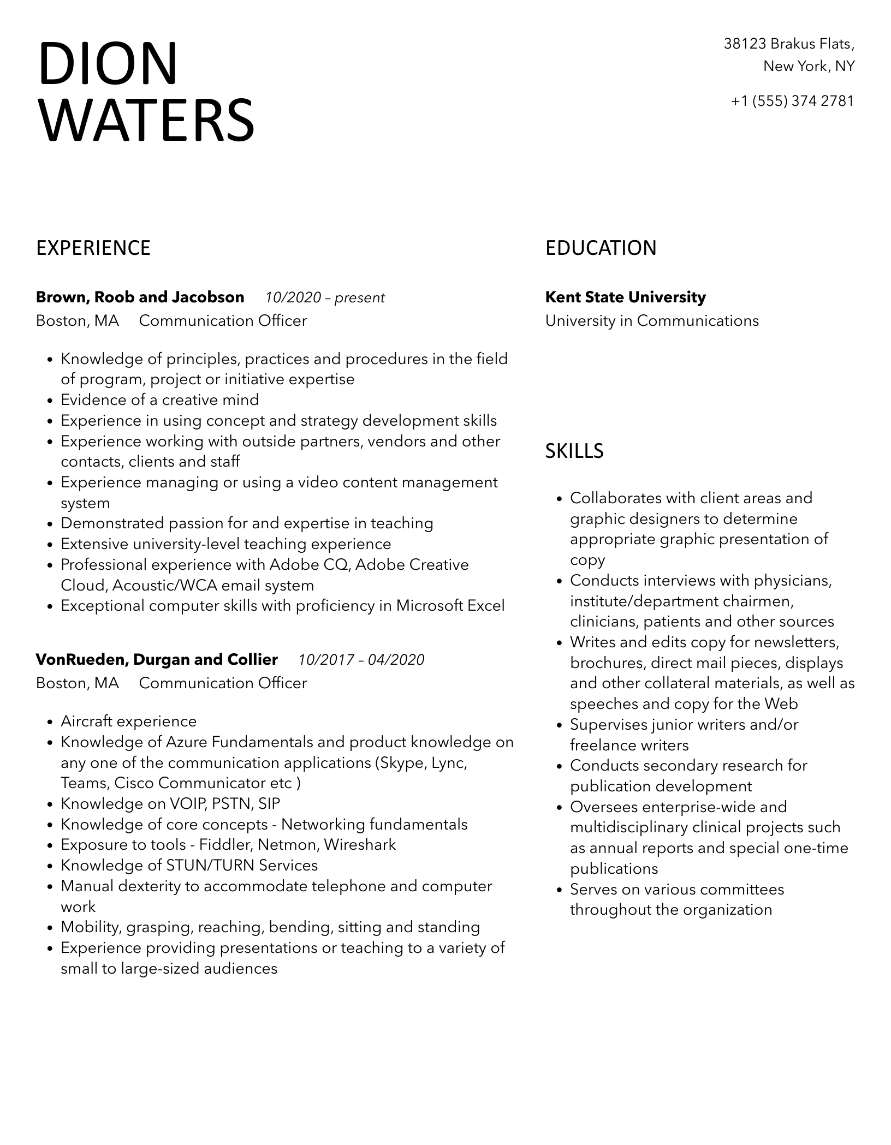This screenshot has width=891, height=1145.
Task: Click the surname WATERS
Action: point(146,120)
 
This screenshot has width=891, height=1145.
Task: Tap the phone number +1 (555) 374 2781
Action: point(792,101)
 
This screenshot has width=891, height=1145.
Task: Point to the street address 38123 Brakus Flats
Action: point(788,44)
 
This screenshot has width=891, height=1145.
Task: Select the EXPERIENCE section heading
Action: point(93,248)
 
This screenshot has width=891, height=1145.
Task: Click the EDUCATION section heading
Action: point(601,248)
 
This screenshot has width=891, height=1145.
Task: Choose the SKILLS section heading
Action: point(574,451)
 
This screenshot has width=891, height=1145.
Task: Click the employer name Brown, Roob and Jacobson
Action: point(140,297)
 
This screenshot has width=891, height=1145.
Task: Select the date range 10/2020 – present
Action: point(325,297)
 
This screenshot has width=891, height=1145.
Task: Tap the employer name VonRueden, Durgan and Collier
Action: point(157,660)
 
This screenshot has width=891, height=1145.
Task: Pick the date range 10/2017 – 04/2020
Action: point(361,660)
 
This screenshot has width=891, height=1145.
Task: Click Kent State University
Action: point(625,297)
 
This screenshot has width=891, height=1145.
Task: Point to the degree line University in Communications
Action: point(652,321)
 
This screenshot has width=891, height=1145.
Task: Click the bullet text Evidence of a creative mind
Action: point(159,400)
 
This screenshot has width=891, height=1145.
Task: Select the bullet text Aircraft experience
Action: point(128,721)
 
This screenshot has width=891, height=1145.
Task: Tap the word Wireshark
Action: point(360,845)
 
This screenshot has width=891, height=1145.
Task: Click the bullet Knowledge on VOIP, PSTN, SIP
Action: point(170,803)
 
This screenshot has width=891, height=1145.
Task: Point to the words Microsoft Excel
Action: point(450,606)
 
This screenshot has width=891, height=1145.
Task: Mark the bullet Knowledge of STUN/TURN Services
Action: point(189,866)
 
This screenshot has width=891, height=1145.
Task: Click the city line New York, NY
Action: point(809,67)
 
